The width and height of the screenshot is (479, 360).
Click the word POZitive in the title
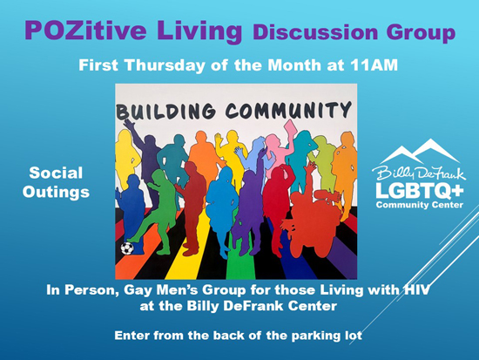tap(85, 31)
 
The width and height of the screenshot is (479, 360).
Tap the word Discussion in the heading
tap(315, 32)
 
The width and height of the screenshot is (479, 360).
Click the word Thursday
tap(165, 65)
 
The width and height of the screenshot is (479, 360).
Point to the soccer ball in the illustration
tap(127, 248)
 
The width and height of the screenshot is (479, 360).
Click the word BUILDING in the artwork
tap(165, 110)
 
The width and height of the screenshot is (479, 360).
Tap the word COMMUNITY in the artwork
tap(288, 110)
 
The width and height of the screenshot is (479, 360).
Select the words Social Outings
tap(56, 182)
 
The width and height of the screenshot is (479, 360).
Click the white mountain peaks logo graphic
tap(421, 151)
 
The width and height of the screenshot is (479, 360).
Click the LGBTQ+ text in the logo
tap(420, 191)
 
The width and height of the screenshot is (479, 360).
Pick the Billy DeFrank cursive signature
tap(419, 173)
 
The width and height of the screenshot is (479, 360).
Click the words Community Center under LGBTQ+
tap(420, 205)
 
